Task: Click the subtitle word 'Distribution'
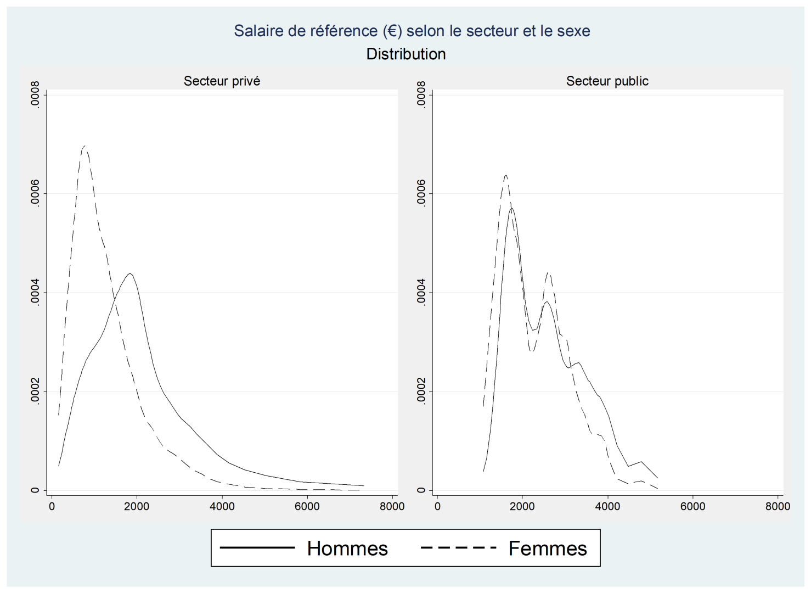tap(406, 54)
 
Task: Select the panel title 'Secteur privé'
tap(222, 81)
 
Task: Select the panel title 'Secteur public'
tap(607, 81)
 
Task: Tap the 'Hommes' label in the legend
tap(347, 549)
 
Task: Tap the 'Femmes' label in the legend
tap(548, 549)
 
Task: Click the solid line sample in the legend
tap(257, 547)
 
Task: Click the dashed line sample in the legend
tap(458, 547)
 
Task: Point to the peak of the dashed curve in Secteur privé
tap(85, 146)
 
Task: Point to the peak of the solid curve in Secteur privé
tap(130, 273)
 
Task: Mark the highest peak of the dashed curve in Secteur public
tap(505, 176)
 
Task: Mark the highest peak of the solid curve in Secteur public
tap(511, 209)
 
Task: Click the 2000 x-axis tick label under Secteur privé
tap(136, 506)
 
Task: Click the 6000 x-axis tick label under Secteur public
tap(692, 506)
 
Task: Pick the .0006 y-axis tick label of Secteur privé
tap(35, 193)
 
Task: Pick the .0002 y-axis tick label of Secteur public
tap(421, 391)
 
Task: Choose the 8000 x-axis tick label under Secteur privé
tap(392, 506)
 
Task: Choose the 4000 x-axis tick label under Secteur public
tap(607, 506)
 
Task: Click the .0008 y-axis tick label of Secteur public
tap(421, 94)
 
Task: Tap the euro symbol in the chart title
tap(393, 31)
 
